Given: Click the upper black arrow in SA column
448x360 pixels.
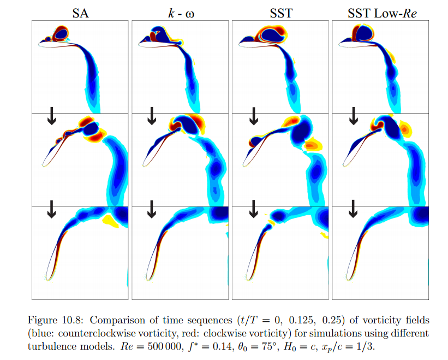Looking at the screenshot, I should [51, 115].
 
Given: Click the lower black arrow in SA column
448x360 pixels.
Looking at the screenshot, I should [51, 209].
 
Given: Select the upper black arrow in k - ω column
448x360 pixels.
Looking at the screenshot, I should [152, 115].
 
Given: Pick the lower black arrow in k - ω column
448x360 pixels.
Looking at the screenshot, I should [152, 209].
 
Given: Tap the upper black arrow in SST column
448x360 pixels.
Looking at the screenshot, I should [253, 115].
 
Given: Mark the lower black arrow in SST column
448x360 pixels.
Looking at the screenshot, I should [253, 209].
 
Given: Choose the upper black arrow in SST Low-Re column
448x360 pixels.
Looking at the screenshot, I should [353, 115].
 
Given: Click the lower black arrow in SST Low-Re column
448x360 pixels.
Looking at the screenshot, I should [353, 209].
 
